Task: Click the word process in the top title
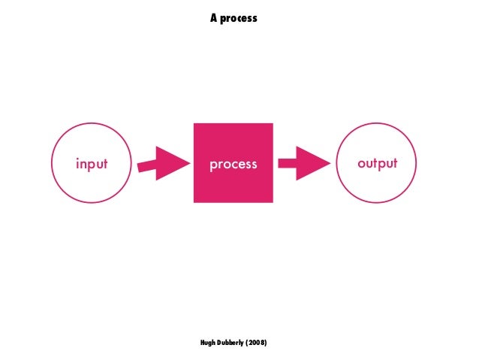coord(239,17)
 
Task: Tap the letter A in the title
coord(214,17)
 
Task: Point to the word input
coord(91,163)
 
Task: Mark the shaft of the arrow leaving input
coord(148,165)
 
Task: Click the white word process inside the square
coord(233,163)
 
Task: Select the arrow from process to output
coord(304,163)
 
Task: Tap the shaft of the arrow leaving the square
coord(288,163)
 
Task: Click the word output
coord(377,163)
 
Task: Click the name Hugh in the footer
coord(208,343)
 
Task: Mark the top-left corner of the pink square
coord(194,124)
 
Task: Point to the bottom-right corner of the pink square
coord(272,201)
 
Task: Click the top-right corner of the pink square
coord(272,124)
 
